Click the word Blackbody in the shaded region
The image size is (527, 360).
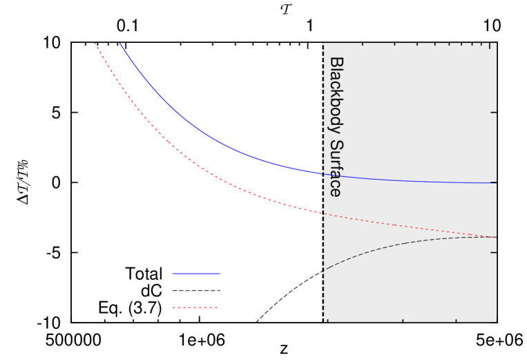click(336, 96)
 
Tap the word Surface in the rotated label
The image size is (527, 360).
click(336, 169)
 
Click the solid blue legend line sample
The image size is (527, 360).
click(196, 274)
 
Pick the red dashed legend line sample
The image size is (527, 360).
click(195, 307)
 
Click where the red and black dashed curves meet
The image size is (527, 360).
click(492, 237)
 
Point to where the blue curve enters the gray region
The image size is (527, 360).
click(323, 173)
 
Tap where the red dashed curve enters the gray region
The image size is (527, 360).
click(323, 214)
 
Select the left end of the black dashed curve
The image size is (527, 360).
click(325, 269)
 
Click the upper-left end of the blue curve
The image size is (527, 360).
click(120, 44)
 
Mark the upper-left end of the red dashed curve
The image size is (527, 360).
click(95, 44)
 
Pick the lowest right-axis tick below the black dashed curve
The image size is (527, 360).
click(492, 252)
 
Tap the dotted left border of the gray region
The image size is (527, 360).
click(323, 290)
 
